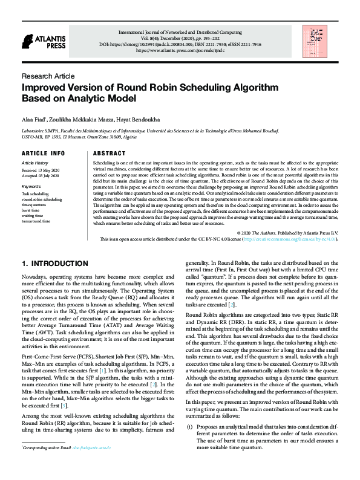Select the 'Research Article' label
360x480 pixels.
tap(48, 76)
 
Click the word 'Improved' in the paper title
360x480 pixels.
tap(48, 88)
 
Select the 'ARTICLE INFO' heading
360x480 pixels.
tap(43, 154)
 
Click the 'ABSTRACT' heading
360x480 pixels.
tap(109, 154)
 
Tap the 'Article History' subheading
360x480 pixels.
tap(34, 163)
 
